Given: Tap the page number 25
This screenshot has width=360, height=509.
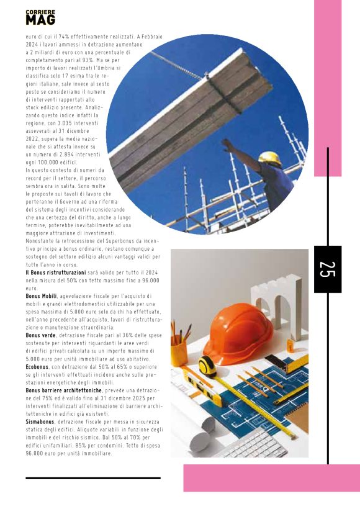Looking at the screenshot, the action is tap(327, 269).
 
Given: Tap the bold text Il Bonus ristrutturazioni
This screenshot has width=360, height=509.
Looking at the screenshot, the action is tap(55, 273).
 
